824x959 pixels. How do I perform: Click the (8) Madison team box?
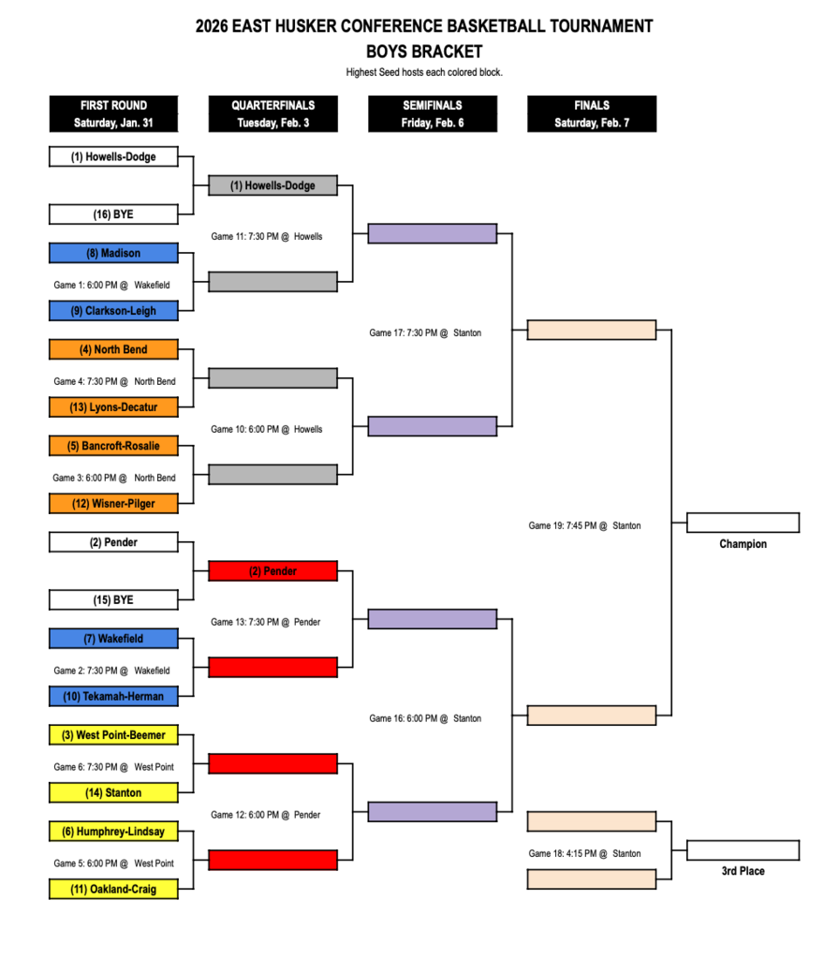coord(113,253)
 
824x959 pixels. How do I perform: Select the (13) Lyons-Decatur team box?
coord(113,406)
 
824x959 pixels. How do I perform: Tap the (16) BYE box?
coord(113,214)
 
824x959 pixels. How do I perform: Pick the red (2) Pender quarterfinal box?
coord(272,571)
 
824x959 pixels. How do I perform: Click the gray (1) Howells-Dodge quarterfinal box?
coord(272,185)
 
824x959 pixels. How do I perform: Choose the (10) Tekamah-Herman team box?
coord(113,696)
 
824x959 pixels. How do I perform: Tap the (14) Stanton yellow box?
coord(113,792)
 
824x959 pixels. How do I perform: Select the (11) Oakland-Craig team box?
coord(113,889)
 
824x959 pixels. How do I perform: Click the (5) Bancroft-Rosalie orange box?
coord(113,446)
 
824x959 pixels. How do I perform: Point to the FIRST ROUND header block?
coord(113,113)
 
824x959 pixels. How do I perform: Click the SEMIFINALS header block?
coord(433,113)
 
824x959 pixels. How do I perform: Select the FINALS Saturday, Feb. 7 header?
coord(592,113)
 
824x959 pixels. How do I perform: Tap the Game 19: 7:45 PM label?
coord(584,526)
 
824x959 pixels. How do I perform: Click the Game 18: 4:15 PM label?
coord(584,854)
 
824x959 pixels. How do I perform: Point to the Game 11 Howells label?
coord(266,237)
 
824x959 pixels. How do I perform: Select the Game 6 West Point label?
coord(113,767)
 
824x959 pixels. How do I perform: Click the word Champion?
coord(743,544)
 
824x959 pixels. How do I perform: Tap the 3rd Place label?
coord(743,871)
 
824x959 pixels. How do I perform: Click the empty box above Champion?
coord(743,523)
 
